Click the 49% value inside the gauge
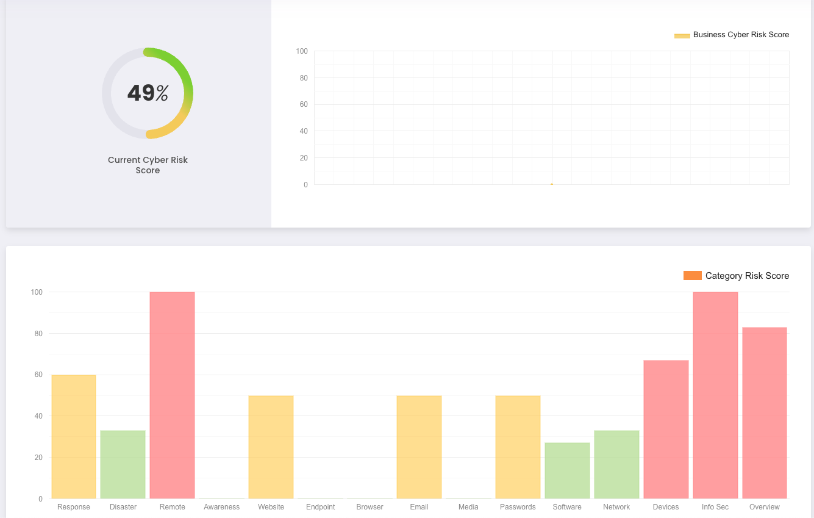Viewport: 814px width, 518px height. pyautogui.click(x=148, y=93)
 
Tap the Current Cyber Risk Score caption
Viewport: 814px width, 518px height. pyautogui.click(x=148, y=165)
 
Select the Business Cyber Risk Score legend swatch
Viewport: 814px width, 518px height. pyautogui.click(x=682, y=35)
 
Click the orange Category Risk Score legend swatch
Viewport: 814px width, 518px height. pyautogui.click(x=692, y=276)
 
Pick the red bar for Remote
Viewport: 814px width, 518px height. pyautogui.click(x=172, y=395)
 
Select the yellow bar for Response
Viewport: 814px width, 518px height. pyautogui.click(x=74, y=437)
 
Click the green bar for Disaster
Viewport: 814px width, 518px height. pyautogui.click(x=123, y=464)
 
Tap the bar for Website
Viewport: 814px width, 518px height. pyautogui.click(x=271, y=447)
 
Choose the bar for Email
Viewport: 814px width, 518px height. pyautogui.click(x=419, y=447)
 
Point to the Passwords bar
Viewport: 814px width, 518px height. pyautogui.click(x=518, y=447)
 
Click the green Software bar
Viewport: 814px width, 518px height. pyautogui.click(x=567, y=470)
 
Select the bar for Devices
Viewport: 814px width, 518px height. pyautogui.click(x=666, y=430)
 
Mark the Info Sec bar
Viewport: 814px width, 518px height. pyautogui.click(x=715, y=395)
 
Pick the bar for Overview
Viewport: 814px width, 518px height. pyautogui.click(x=765, y=413)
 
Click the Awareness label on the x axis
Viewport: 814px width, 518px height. pyautogui.click(x=222, y=507)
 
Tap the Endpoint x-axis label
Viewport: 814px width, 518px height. pyautogui.click(x=321, y=507)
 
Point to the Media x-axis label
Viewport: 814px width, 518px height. pyautogui.click(x=468, y=507)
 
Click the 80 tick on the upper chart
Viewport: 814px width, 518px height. pyautogui.click(x=304, y=77)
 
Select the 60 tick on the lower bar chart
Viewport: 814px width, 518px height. pyautogui.click(x=38, y=375)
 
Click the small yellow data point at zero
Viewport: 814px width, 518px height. pyautogui.click(x=552, y=184)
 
